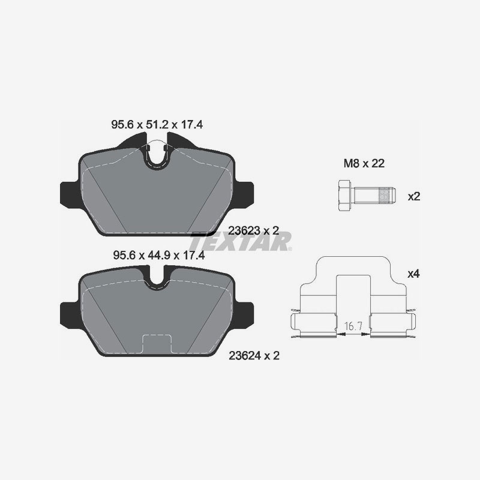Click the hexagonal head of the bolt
pyautogui.click(x=344, y=196)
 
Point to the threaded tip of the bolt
pyautogui.click(x=385, y=196)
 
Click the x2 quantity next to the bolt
pyautogui.click(x=413, y=196)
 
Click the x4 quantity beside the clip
pyautogui.click(x=413, y=274)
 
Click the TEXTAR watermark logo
pyautogui.click(x=240, y=241)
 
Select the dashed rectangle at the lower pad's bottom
pyautogui.click(x=157, y=344)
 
